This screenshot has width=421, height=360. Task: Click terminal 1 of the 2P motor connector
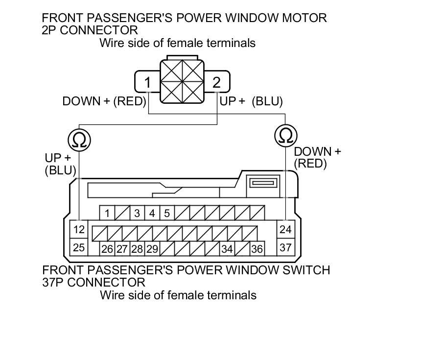click(x=147, y=82)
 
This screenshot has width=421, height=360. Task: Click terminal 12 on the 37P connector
click(x=79, y=229)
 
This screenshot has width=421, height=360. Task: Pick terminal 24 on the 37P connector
click(x=285, y=229)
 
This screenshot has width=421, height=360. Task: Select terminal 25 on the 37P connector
click(x=79, y=247)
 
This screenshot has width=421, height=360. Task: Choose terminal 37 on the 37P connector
click(x=285, y=247)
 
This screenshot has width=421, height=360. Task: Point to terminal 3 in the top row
click(x=137, y=213)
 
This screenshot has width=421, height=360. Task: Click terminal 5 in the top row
click(x=167, y=213)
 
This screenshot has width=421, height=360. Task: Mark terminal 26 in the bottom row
click(x=107, y=249)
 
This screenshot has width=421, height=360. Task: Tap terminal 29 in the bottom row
click(x=152, y=249)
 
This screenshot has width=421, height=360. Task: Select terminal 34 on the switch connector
click(x=227, y=249)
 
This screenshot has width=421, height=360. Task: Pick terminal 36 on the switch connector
click(x=257, y=249)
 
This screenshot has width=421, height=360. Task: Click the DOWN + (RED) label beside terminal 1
click(x=104, y=101)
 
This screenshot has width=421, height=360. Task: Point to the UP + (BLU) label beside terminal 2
click(x=251, y=101)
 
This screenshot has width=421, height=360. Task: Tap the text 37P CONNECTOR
click(x=94, y=282)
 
